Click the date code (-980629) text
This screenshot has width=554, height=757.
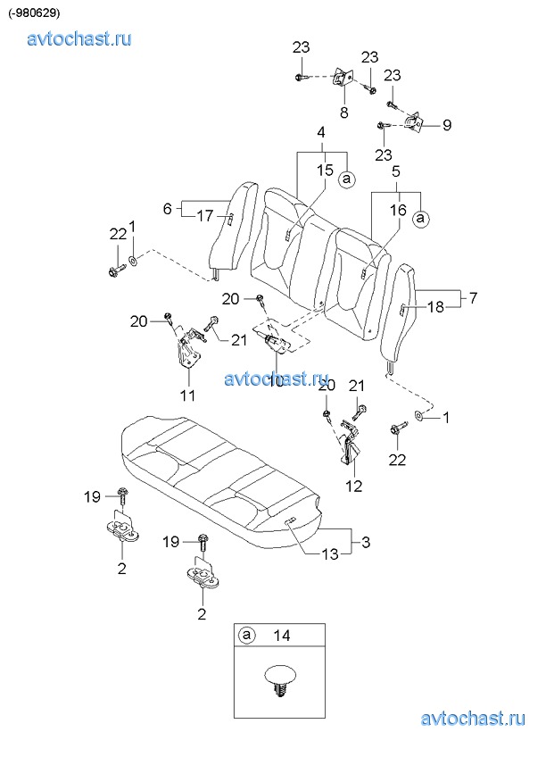tap(34, 13)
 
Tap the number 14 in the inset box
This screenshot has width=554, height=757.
tap(281, 636)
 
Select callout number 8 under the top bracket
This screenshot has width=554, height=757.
tap(343, 113)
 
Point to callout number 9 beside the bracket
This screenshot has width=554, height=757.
tap(447, 125)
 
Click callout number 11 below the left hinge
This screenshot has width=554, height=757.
tap(187, 395)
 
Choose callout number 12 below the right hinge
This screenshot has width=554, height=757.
tap(354, 486)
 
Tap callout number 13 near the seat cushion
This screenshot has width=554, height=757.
tap(330, 554)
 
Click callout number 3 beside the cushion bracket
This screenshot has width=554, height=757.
tap(366, 542)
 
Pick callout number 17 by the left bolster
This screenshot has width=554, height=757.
tap(205, 215)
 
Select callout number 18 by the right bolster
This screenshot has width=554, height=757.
tap(435, 307)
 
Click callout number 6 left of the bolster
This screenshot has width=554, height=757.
tap(167, 209)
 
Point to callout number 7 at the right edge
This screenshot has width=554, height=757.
tap(473, 298)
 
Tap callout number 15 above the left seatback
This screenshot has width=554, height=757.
tap(326, 170)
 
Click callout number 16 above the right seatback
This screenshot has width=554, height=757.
tap(398, 210)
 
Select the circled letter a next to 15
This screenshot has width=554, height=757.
tap(346, 179)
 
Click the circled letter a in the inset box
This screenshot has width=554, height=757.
tap(246, 636)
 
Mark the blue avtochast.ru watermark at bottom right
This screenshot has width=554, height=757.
tap(473, 719)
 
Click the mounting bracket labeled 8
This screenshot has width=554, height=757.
tap(343, 79)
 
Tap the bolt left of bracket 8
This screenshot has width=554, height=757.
tap(300, 77)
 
